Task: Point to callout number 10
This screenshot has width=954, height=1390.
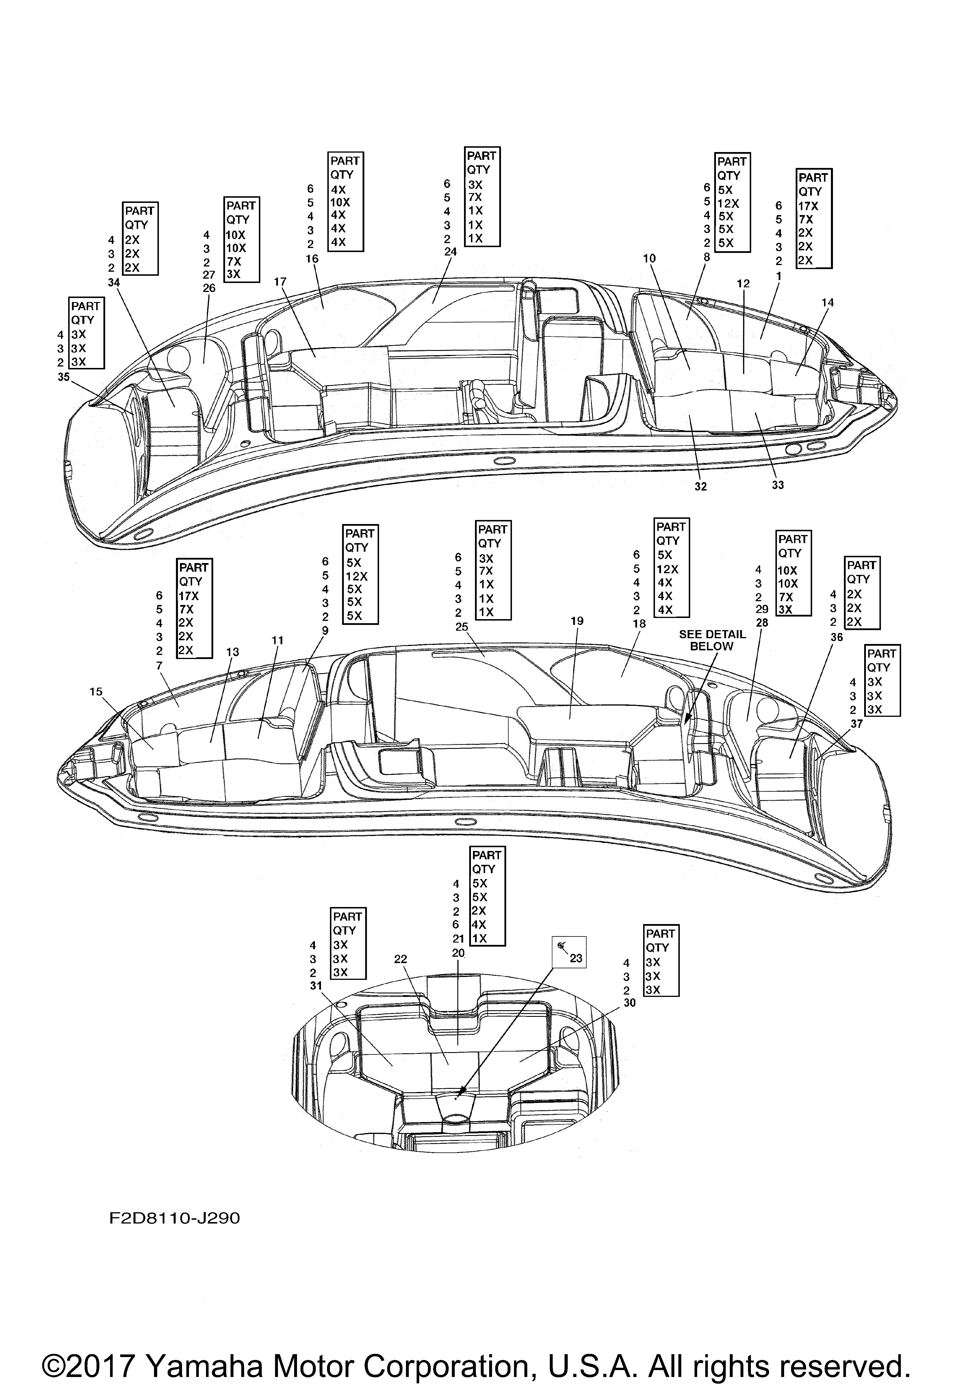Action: [x=649, y=258]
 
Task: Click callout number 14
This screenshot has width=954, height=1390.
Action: [x=827, y=303]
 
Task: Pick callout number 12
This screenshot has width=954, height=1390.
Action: [x=743, y=284]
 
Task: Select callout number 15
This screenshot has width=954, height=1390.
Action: [x=96, y=692]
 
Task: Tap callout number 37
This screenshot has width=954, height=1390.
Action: [x=857, y=724]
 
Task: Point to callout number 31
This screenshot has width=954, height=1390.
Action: [x=315, y=986]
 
